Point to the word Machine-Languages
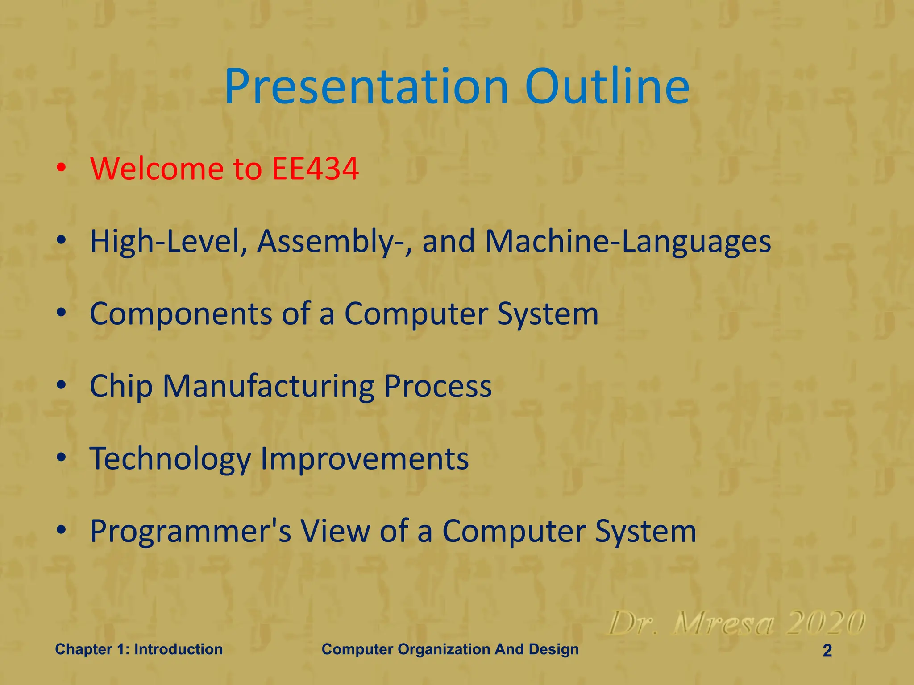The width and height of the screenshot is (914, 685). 628,241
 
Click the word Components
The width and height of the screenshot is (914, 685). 181,314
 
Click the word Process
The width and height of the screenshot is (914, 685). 438,386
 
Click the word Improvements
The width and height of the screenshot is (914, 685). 364,459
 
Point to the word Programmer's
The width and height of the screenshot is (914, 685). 191,531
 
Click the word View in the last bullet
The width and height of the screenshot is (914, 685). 335,531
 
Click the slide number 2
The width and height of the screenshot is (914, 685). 827,651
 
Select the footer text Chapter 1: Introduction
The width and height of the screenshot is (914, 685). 139,649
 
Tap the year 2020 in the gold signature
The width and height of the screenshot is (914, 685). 826,623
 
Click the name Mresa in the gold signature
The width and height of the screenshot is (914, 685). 723,623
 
